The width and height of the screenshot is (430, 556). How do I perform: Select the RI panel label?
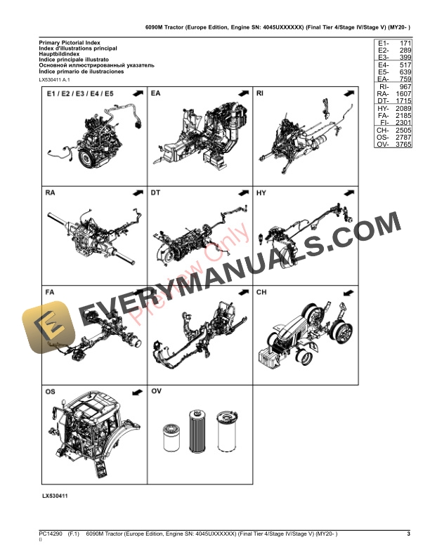(x=260, y=93)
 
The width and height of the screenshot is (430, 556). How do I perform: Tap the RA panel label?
(x=51, y=192)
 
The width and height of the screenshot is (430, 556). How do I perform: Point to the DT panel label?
(x=156, y=192)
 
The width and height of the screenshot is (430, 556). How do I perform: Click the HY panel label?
(x=261, y=192)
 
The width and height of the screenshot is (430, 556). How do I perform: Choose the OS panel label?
(x=51, y=391)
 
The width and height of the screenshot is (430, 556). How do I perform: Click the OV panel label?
(x=156, y=391)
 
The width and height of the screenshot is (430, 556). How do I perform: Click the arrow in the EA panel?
(x=241, y=93)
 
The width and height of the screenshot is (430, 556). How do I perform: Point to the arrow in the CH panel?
(x=346, y=292)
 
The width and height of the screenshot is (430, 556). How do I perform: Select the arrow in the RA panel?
(x=136, y=192)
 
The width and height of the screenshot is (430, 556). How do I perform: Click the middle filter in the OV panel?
(x=196, y=430)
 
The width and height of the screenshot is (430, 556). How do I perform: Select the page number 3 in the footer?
(x=408, y=534)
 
